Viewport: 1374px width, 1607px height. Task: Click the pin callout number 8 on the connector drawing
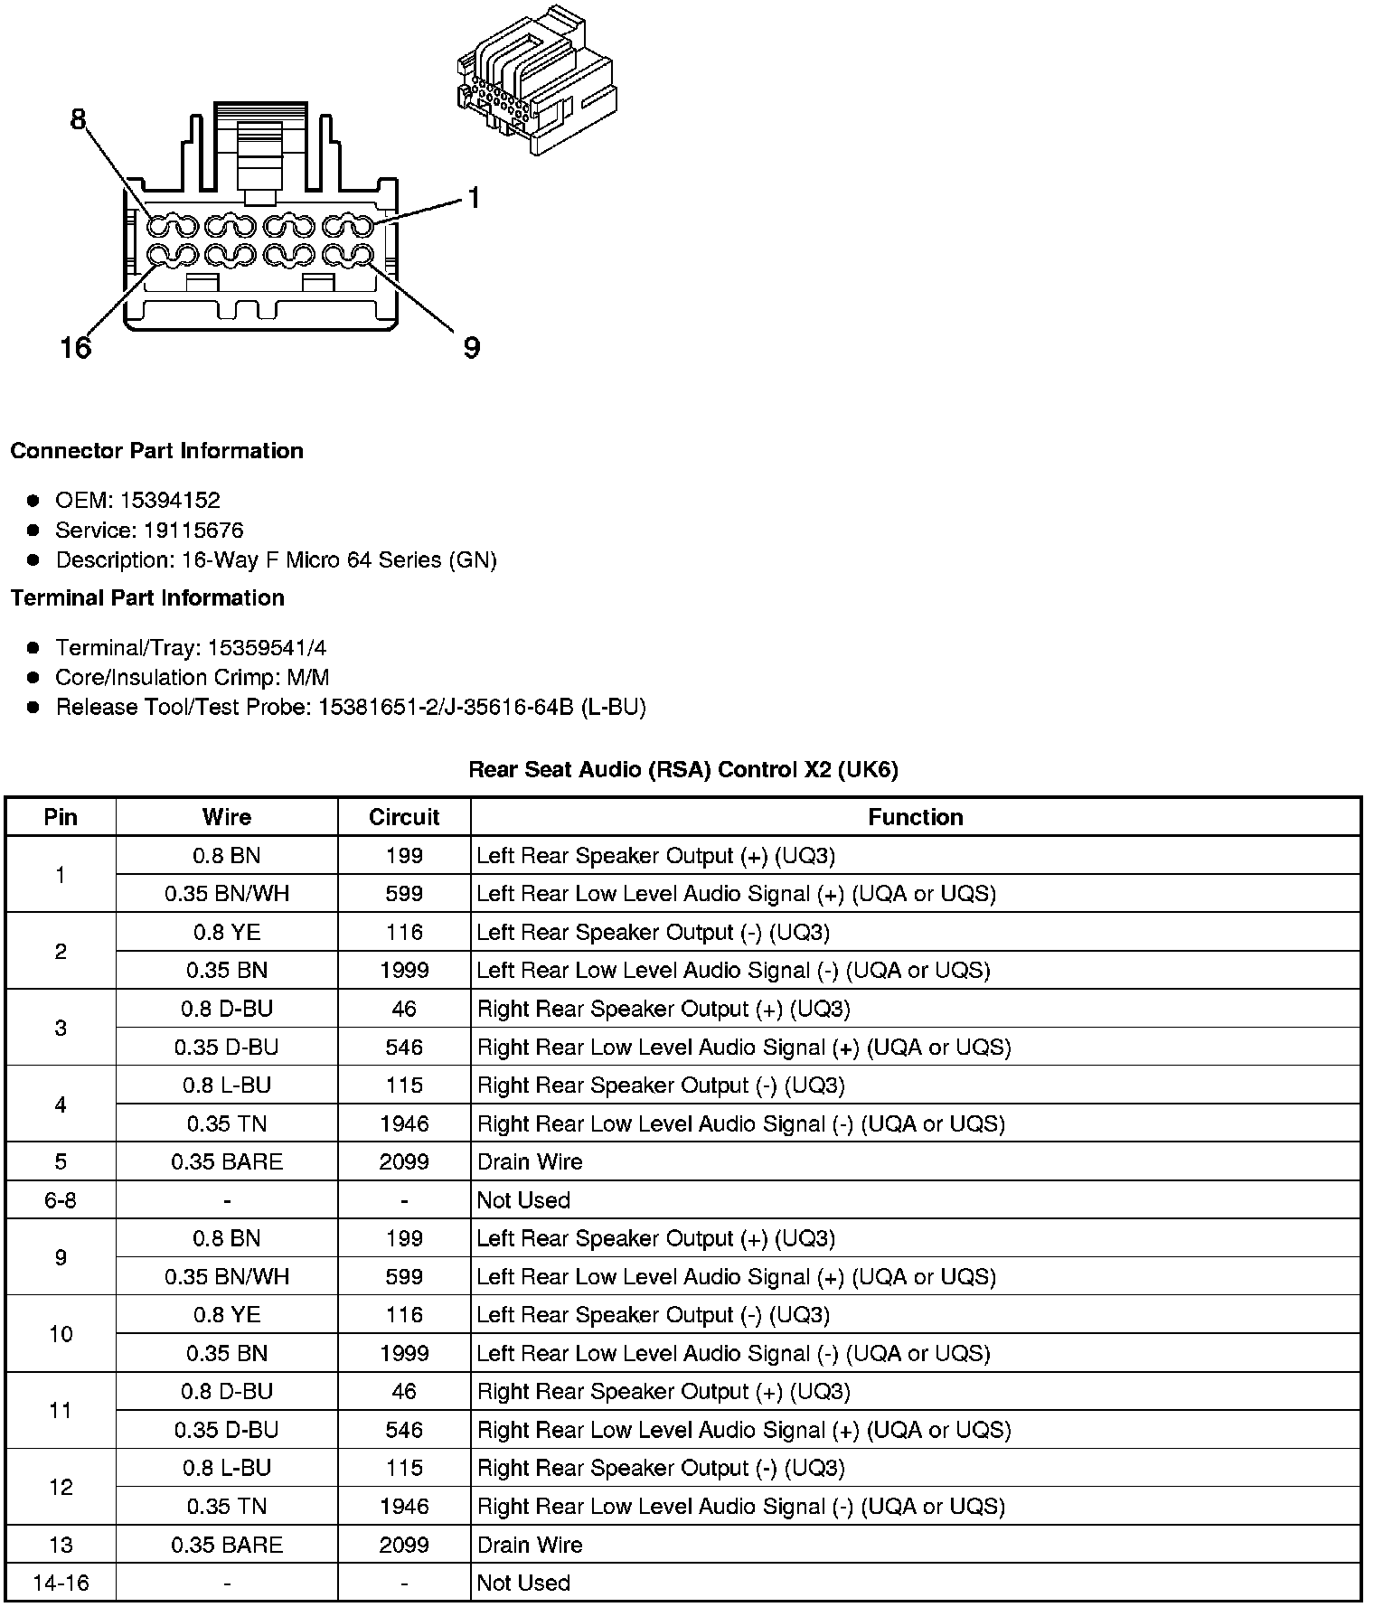[x=79, y=119]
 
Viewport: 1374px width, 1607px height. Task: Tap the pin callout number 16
[x=76, y=347]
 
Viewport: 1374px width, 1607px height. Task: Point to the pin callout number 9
[x=471, y=348]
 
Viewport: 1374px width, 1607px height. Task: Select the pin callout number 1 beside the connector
[x=474, y=198]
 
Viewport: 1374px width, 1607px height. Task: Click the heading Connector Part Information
[x=157, y=451]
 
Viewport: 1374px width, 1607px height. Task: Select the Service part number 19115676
[x=193, y=530]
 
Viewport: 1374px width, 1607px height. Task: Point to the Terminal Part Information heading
[x=147, y=597]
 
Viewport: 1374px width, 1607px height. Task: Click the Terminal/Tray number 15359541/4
[x=267, y=647]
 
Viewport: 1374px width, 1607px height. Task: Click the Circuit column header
[x=404, y=817]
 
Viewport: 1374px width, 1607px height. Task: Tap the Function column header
[x=916, y=817]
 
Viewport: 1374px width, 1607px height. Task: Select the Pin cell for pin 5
[x=61, y=1161]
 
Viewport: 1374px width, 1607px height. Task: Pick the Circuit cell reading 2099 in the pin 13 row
[x=404, y=1545]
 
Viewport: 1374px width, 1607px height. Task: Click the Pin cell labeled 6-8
[x=61, y=1200]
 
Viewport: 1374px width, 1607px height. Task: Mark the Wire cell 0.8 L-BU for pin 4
[x=227, y=1085]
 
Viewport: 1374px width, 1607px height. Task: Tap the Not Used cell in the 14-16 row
[x=523, y=1583]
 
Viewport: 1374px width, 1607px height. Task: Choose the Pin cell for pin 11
[x=61, y=1410]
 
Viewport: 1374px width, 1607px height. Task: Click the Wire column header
[x=227, y=817]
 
